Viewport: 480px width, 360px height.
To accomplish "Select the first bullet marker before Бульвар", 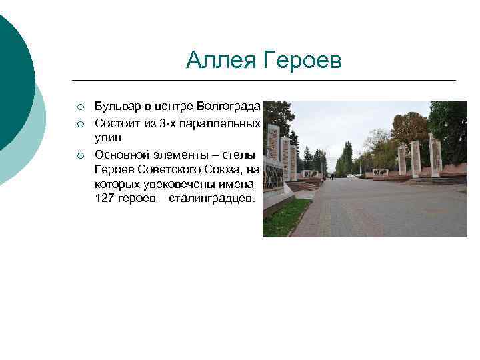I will coord(79,107).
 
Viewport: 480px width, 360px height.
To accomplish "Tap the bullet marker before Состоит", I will coord(79,124).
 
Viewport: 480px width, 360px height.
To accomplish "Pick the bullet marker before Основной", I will coord(79,155).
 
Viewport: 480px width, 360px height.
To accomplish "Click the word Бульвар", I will coord(117,106).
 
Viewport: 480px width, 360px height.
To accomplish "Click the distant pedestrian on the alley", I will coord(332,176).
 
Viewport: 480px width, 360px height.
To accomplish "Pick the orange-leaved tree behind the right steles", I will coord(408,130).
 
